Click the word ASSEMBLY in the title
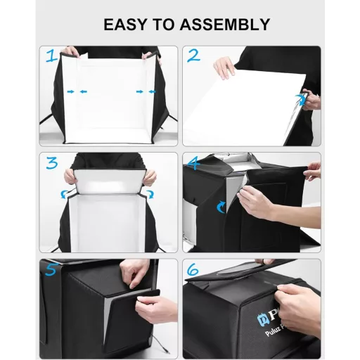coord(226,24)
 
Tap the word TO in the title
coord(169,24)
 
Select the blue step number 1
coord(51,57)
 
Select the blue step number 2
coord(193,56)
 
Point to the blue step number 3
coord(51,164)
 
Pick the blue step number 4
coord(193,164)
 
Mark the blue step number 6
coord(193,269)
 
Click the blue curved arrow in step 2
coord(304,100)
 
